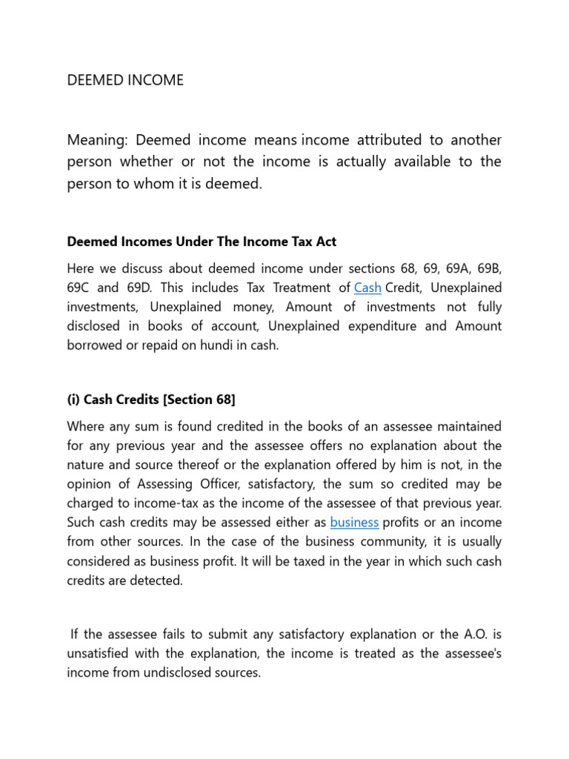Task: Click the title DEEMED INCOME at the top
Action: click(x=125, y=80)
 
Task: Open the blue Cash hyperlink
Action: click(x=367, y=287)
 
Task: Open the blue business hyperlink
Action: click(x=354, y=523)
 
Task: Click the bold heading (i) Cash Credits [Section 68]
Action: click(x=151, y=400)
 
